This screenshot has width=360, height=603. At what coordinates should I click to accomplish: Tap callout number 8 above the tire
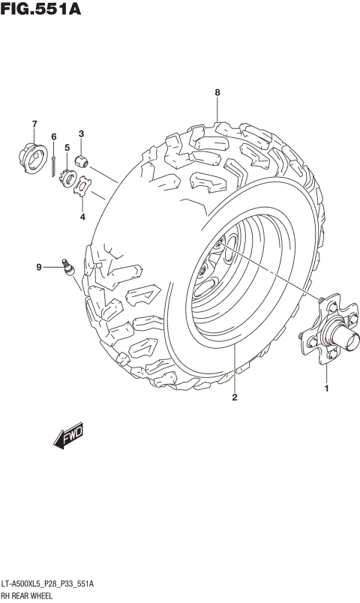[x=217, y=92]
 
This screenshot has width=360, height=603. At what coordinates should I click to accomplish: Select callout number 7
[x=34, y=124]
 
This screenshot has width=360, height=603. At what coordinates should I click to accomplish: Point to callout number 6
[x=54, y=136]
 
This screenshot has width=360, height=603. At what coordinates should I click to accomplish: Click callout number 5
[x=67, y=148]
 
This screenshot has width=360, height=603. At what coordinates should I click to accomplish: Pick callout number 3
[x=82, y=134]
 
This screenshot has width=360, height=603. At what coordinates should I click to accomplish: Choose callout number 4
[x=82, y=217]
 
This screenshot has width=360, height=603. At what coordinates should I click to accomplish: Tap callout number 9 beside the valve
[x=39, y=266]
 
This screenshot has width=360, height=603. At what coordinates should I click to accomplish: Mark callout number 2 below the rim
[x=234, y=397]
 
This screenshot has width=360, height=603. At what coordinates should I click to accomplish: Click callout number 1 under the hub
[x=326, y=388]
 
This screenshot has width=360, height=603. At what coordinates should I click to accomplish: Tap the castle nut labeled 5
[x=67, y=178]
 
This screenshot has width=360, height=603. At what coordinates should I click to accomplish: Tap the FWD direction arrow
[x=70, y=437]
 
